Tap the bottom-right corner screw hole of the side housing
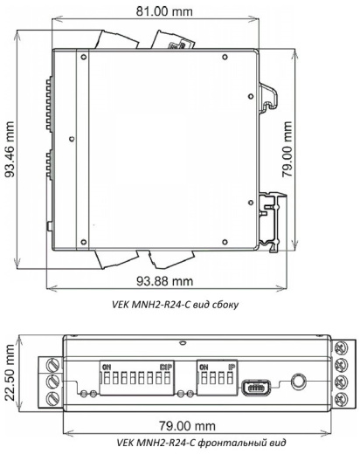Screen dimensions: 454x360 coord(225,242)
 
